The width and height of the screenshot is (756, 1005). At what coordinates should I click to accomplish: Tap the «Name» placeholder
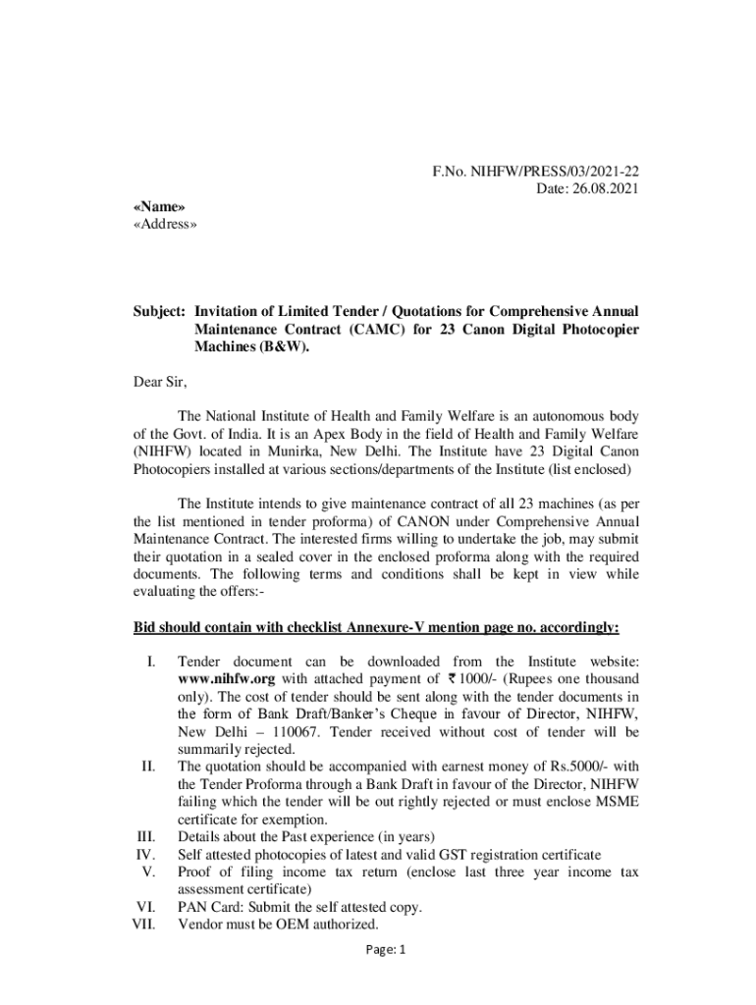point(159,207)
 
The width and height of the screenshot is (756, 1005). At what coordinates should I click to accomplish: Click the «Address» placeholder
point(165,225)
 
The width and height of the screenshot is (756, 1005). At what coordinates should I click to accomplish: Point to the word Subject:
point(159,312)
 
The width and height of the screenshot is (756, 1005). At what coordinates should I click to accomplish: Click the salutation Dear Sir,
point(159,382)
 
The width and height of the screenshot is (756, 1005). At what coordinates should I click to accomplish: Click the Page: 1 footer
point(377,949)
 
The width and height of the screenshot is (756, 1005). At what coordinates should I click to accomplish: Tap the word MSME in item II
point(617,802)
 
